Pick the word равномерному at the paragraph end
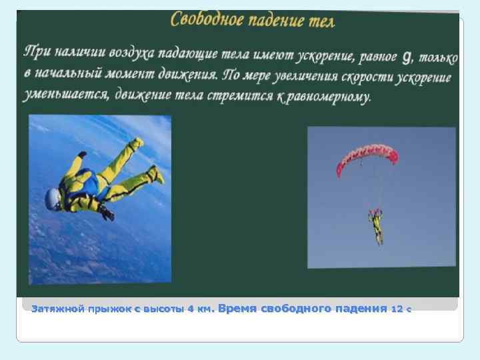coord(331,97)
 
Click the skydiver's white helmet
coord(53,197)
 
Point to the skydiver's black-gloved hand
coord(107,213)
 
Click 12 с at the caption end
coord(401,309)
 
